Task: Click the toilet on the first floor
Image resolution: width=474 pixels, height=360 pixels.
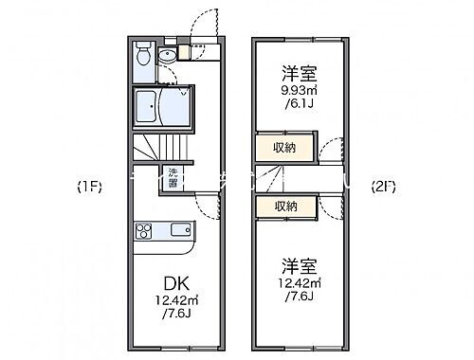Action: tap(141, 55)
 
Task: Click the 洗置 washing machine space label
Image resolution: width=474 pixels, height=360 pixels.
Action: tap(173, 176)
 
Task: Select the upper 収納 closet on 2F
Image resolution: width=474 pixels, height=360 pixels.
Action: tap(284, 147)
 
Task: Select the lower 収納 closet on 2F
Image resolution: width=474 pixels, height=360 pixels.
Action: tap(284, 205)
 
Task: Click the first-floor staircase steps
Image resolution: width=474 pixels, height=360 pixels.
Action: tap(154, 148)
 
